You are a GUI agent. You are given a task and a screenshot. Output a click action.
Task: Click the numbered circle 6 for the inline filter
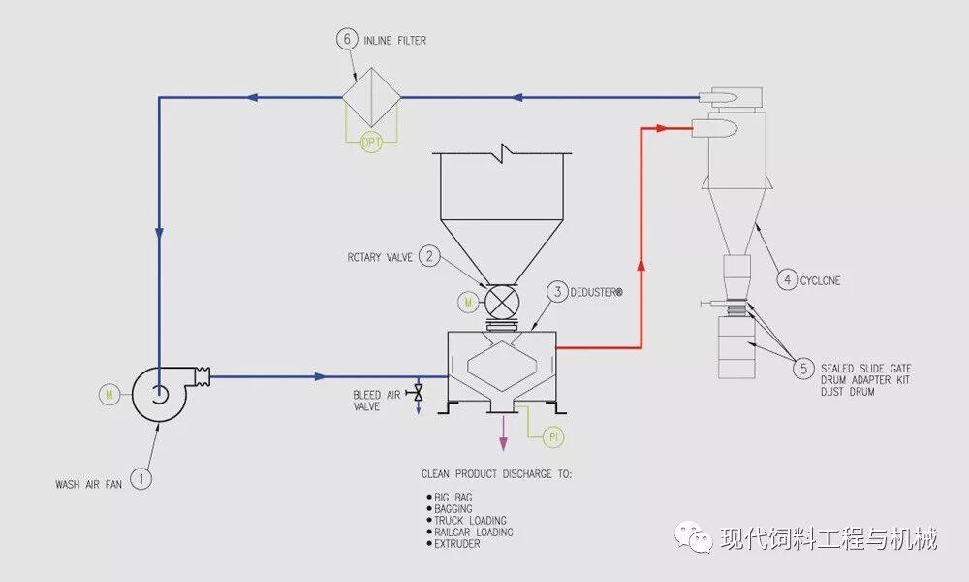pos(347,40)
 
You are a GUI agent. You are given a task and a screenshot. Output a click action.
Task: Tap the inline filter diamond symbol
pos(372,96)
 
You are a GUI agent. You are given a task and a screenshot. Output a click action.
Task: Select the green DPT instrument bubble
pos(372,142)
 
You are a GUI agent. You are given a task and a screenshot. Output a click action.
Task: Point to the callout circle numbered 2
pos(430,257)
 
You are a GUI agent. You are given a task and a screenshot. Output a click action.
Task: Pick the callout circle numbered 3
pos(557,291)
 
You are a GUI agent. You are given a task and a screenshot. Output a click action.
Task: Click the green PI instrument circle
pos(555,437)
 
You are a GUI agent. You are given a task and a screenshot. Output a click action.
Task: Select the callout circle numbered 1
pos(141,477)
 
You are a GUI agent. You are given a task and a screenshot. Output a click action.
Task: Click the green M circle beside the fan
pos(109,394)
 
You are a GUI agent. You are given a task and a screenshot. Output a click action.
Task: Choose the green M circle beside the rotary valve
pos(469,304)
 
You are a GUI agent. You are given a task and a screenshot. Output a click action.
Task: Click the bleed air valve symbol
pos(419,392)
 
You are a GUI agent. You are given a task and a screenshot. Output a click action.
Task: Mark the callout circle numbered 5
pos(803,369)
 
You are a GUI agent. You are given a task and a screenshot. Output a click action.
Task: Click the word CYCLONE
pos(821,281)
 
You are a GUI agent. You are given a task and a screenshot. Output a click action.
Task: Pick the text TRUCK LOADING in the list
pos(470,521)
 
